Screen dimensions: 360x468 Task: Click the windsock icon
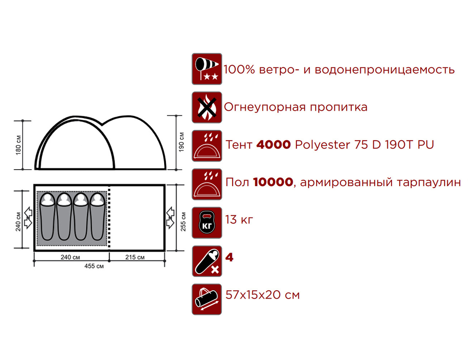pos(207,69)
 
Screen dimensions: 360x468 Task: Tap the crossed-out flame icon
pos(207,107)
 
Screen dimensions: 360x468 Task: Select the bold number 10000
pos(272,182)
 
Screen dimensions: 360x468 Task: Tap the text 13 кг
pos(239,219)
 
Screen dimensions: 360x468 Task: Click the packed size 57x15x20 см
pos(262,295)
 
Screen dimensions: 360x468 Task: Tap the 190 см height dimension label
pos(183,141)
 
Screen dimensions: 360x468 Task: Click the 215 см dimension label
pos(136,257)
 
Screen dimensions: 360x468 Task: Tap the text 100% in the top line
pos(239,70)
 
